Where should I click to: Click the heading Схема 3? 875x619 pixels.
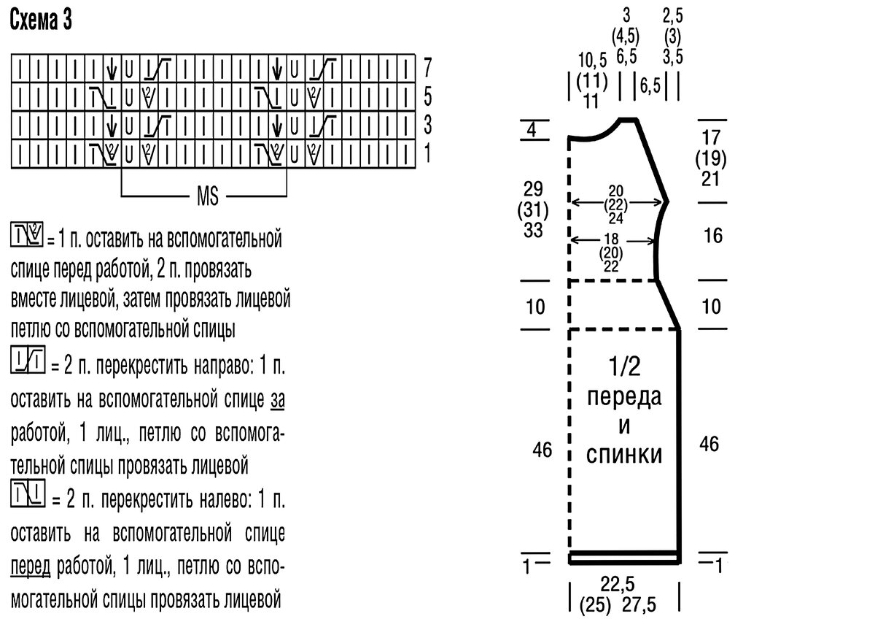pos(41,23)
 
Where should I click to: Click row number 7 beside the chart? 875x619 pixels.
pos(428,68)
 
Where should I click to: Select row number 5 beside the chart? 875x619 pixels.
pos(428,96)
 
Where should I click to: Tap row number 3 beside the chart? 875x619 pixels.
pos(428,124)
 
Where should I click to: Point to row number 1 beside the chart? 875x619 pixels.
pos(428,153)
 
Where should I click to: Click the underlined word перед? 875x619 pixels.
pos(31,568)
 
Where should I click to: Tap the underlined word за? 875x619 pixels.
pos(277,400)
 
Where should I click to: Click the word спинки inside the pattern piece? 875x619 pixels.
pos(624,455)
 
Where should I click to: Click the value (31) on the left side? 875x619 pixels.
pos(533,210)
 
